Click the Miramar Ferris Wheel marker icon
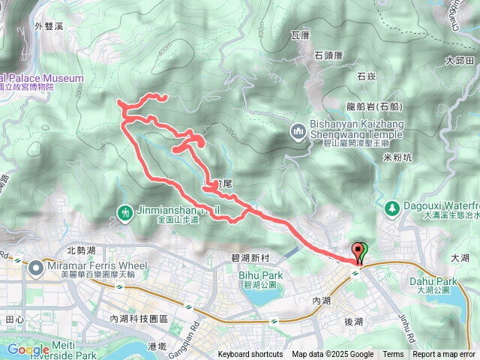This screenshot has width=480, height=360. pyautogui.click(x=36, y=267)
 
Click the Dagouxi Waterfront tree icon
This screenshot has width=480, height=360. pyautogui.click(x=390, y=207)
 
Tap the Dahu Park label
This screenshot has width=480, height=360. pyautogui.click(x=434, y=282)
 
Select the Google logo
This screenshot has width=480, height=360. pyautogui.click(x=28, y=349)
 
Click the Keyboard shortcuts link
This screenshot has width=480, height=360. pyautogui.click(x=250, y=355)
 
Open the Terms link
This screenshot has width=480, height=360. pyautogui.click(x=393, y=355)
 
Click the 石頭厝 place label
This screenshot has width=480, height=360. pyautogui.click(x=328, y=55)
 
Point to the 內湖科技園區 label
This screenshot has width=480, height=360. pyautogui.click(x=138, y=319)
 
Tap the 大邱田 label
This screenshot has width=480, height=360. pyautogui.click(x=459, y=60)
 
